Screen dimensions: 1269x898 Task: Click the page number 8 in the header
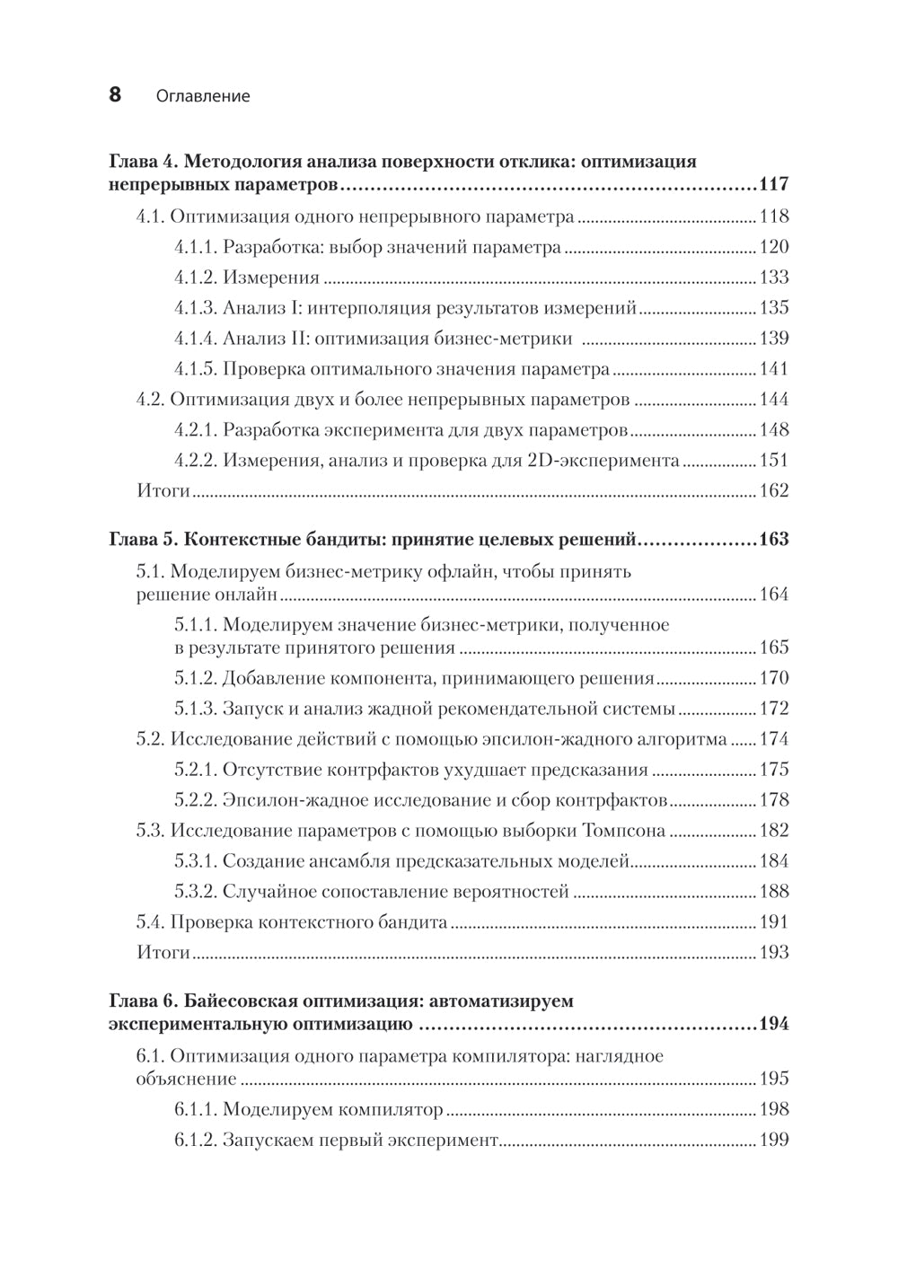(115, 94)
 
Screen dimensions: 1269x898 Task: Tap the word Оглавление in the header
(202, 96)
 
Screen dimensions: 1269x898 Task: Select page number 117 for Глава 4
(773, 185)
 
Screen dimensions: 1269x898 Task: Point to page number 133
(773, 278)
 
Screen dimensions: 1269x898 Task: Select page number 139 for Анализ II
(773, 339)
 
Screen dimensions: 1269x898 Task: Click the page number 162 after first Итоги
(773, 491)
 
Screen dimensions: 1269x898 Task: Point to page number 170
(773, 679)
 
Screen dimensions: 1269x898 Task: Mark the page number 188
(773, 892)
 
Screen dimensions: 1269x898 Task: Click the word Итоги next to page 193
(163, 953)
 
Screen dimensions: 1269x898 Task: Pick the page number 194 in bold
(773, 1025)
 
